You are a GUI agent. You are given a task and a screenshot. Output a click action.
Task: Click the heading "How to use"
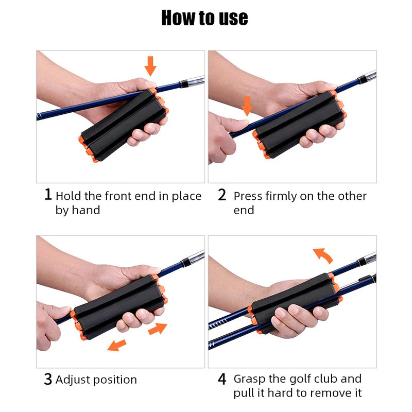(x=204, y=19)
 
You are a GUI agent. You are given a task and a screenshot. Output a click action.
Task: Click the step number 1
(x=48, y=195)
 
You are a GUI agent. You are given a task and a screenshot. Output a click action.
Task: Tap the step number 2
(x=222, y=195)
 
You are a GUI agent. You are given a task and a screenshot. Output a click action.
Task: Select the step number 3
(x=48, y=380)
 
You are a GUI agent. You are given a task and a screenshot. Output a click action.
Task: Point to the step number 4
(x=222, y=380)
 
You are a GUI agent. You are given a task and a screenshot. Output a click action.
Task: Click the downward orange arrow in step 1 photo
(x=150, y=66)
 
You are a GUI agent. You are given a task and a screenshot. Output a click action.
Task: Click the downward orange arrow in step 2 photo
(x=247, y=106)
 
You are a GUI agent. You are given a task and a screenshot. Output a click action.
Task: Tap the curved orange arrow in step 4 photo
(x=323, y=254)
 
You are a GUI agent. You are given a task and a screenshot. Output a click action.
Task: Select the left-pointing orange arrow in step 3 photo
(x=117, y=344)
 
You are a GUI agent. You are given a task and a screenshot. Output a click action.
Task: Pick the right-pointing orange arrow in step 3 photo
(x=158, y=328)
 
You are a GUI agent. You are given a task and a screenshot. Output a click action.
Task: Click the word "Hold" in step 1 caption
(x=68, y=196)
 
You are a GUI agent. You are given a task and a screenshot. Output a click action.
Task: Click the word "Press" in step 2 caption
(x=248, y=196)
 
